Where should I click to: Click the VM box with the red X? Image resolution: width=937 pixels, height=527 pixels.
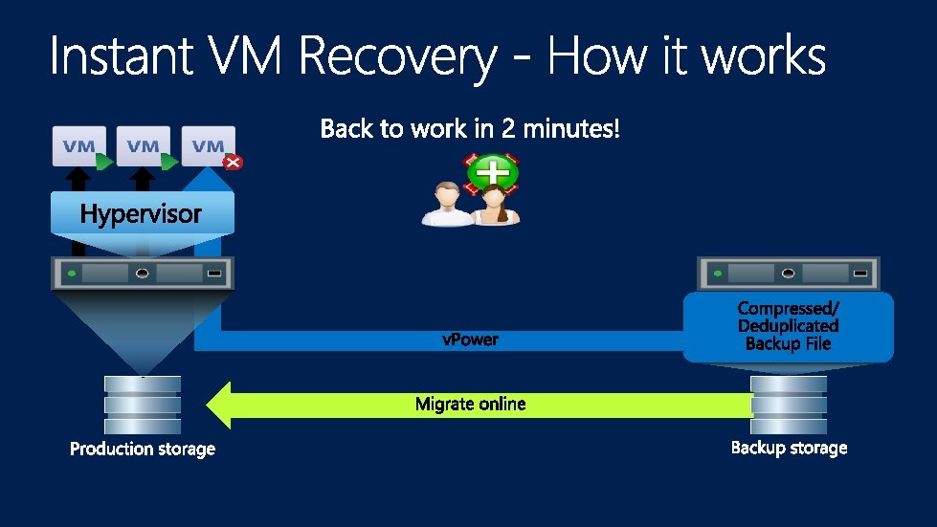[x=207, y=145]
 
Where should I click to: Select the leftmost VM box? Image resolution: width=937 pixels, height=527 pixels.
[x=78, y=145]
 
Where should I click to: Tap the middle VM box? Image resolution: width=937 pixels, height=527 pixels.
[x=143, y=145]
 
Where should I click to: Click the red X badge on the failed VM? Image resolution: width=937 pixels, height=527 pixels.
[x=233, y=163]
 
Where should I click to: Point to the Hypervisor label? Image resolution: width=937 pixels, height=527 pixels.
[x=141, y=214]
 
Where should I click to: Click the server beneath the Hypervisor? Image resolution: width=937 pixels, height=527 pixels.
[x=143, y=274]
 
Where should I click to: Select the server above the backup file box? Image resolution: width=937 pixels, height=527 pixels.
[x=789, y=274]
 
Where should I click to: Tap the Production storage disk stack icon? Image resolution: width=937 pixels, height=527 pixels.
[x=143, y=406]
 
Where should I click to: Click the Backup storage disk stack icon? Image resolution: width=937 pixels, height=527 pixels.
[x=789, y=406]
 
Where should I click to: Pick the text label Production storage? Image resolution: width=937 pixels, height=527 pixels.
[x=143, y=449]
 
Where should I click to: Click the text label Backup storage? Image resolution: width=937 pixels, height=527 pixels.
[x=789, y=448]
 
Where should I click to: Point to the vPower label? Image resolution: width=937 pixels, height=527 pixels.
[x=470, y=340]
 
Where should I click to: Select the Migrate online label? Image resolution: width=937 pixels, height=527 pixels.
[x=470, y=404]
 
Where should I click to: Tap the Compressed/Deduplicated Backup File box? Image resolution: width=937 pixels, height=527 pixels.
[x=788, y=327]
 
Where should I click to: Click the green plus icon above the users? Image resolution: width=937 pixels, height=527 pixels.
[x=493, y=173]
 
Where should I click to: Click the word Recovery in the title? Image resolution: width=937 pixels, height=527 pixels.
[x=397, y=57]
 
